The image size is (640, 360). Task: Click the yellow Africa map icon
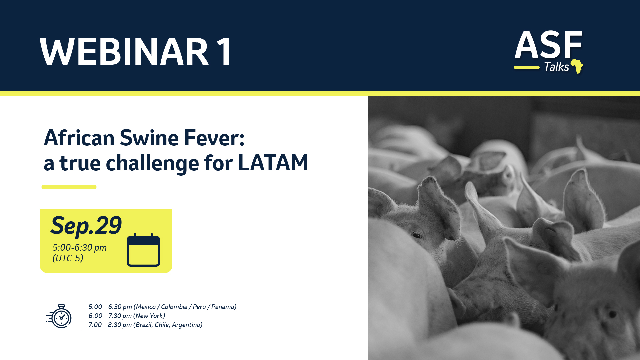click(x=577, y=66)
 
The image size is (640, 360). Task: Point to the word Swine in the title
click(x=149, y=138)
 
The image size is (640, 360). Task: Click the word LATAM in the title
click(x=273, y=163)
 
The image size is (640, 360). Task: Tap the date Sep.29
click(x=86, y=226)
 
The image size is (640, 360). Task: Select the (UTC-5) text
click(x=68, y=258)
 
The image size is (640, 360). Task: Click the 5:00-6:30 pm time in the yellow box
click(x=79, y=248)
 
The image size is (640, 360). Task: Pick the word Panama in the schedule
click(x=223, y=307)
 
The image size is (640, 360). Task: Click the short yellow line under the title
click(x=69, y=187)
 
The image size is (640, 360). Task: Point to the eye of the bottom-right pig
click(x=612, y=314)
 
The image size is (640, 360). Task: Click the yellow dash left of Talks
click(x=526, y=68)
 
